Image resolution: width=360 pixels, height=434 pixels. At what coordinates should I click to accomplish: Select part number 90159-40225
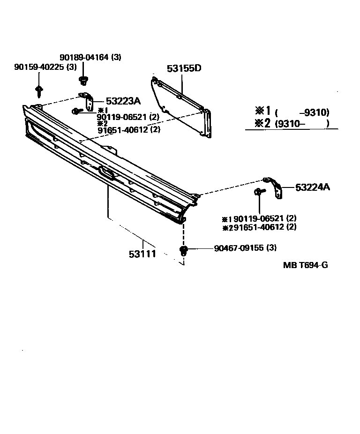point(40,67)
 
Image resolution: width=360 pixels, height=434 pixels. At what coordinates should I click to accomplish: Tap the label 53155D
point(184,68)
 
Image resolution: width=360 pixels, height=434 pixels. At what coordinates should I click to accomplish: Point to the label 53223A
point(123,101)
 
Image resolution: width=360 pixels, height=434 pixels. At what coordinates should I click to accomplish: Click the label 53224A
point(313,187)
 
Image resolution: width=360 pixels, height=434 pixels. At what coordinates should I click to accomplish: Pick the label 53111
point(142,254)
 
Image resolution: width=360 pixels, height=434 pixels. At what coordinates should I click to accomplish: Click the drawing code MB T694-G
point(305,265)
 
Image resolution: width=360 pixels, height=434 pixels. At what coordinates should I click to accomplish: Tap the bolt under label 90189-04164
point(84,80)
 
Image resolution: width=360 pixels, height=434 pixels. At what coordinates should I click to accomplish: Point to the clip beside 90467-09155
point(184,249)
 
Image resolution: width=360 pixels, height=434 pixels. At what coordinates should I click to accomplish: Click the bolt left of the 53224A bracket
point(259,192)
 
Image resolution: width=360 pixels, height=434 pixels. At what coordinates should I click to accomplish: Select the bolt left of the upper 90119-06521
point(75,111)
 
